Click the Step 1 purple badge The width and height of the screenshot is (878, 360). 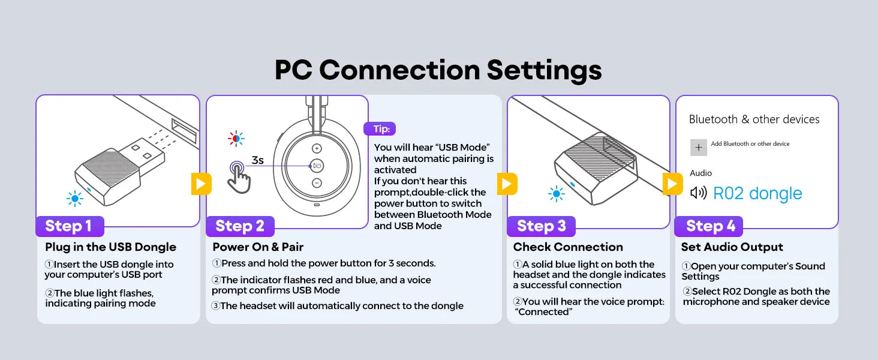pyautogui.click(x=70, y=226)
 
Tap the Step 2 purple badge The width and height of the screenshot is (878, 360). pyautogui.click(x=240, y=226)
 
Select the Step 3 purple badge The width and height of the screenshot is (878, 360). pyautogui.click(x=542, y=226)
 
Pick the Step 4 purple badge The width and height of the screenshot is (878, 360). pyautogui.click(x=709, y=226)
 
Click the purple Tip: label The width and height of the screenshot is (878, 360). pyautogui.click(x=380, y=128)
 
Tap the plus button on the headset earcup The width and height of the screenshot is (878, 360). pyautogui.click(x=317, y=148)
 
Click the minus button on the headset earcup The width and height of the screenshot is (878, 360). pyautogui.click(x=317, y=183)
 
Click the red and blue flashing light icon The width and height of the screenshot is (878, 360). pyautogui.click(x=236, y=139)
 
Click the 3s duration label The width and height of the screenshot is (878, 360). pyautogui.click(x=257, y=160)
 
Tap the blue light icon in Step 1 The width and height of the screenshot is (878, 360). pyautogui.click(x=75, y=199)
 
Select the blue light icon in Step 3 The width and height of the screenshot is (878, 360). pyautogui.click(x=556, y=194)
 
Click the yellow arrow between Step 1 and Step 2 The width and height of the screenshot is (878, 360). pyautogui.click(x=201, y=184)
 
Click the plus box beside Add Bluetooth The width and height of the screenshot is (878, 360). pyautogui.click(x=699, y=148)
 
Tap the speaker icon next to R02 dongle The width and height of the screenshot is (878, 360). pyautogui.click(x=699, y=193)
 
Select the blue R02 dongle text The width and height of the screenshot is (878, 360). pyautogui.click(x=757, y=193)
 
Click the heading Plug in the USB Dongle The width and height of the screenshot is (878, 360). pyautogui.click(x=110, y=247)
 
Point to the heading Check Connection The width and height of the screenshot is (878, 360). pyautogui.click(x=568, y=247)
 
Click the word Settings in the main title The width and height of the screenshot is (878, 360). pyautogui.click(x=544, y=70)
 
